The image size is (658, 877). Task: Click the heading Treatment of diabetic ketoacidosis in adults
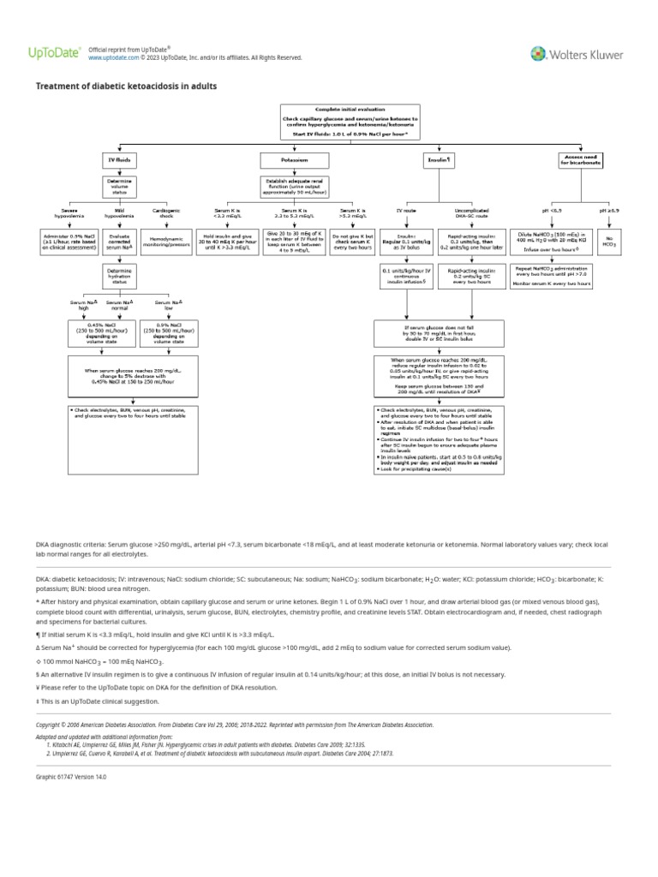tap(126, 87)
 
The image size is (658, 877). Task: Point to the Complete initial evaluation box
tap(352, 121)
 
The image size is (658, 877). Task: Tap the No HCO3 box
tap(609, 240)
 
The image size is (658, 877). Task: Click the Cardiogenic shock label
tap(166, 213)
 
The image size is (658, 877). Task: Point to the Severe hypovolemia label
tap(70, 213)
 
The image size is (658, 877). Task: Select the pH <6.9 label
tap(553, 210)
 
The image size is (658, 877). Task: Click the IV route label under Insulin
tap(406, 210)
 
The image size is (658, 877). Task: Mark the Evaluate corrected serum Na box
tap(118, 240)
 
